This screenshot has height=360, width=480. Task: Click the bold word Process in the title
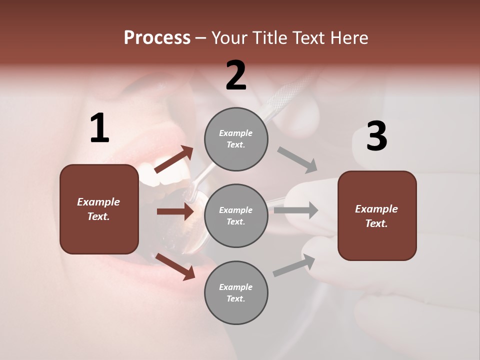157,37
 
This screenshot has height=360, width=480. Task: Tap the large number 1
99,128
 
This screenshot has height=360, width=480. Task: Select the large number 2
236,75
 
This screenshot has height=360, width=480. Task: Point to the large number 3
376,136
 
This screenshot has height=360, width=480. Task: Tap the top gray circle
236,139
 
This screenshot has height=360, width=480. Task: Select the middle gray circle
236,215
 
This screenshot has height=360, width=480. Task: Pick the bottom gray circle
236,292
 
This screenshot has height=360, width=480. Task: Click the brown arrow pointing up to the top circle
174,159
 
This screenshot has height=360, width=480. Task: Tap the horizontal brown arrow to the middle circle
175,211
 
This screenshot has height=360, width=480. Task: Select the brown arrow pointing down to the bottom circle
175,266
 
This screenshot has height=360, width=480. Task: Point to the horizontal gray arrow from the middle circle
296,210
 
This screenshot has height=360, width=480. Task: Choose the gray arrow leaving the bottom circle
294,265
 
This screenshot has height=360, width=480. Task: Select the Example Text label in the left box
98,209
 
